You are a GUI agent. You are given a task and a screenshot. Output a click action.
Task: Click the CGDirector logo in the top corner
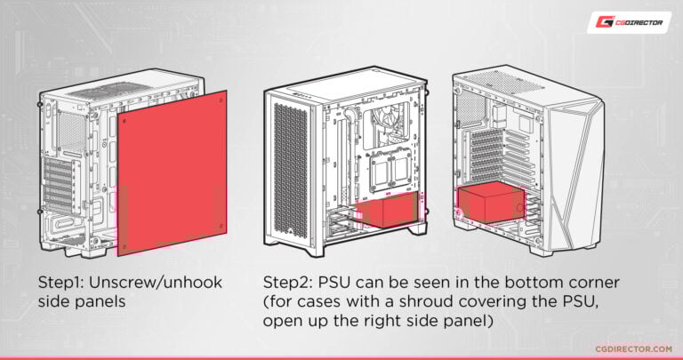(629, 22)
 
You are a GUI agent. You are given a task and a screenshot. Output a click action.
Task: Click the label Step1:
(62, 282)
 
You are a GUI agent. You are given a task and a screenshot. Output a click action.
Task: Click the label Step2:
(288, 282)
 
